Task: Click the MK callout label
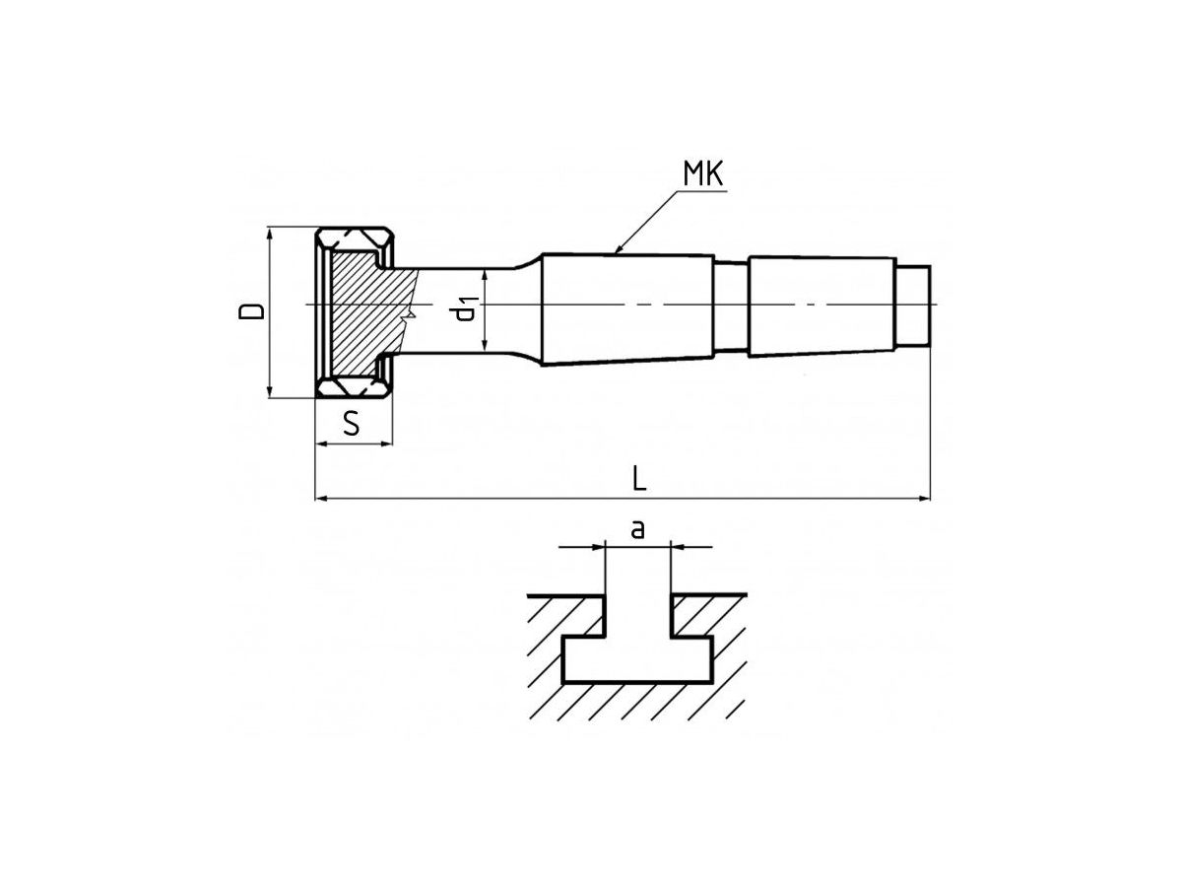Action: click(x=703, y=173)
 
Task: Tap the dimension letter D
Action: click(x=252, y=310)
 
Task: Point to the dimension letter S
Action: click(x=351, y=423)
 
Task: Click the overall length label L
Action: click(x=638, y=478)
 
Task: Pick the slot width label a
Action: click(x=637, y=529)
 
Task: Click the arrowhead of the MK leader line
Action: click(x=619, y=249)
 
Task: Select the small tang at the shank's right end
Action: click(x=913, y=306)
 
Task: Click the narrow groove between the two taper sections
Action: click(x=731, y=306)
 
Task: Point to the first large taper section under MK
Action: click(x=627, y=308)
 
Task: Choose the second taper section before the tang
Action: click(x=822, y=306)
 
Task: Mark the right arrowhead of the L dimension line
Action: click(x=926, y=499)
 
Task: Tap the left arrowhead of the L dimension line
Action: click(x=320, y=499)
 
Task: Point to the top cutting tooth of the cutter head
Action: click(x=354, y=238)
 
